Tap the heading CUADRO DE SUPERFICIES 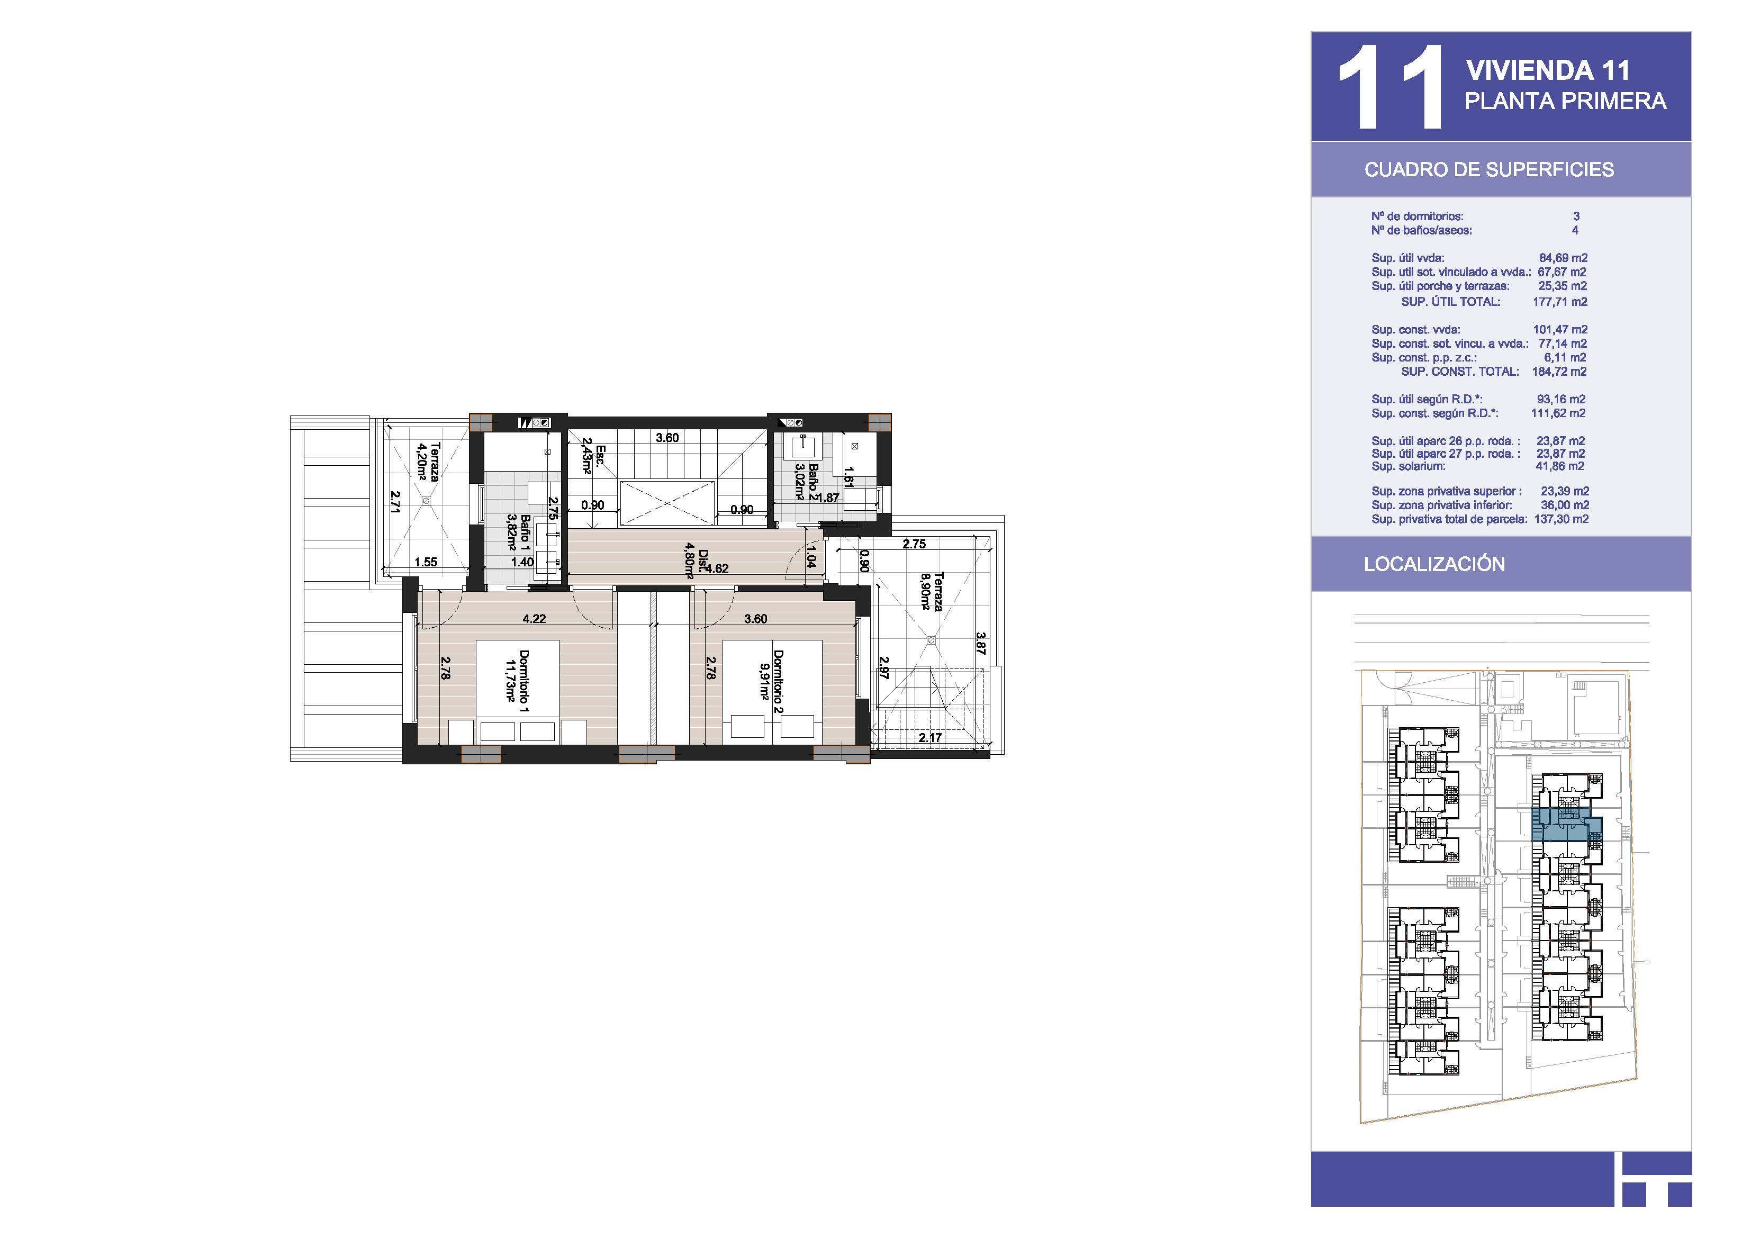coord(1488,169)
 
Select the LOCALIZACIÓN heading coord(1434,564)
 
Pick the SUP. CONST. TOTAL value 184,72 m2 coord(1559,372)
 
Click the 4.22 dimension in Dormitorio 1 coord(534,619)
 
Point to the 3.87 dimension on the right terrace coord(981,643)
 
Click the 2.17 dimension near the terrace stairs coord(929,738)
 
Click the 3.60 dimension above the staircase coord(667,438)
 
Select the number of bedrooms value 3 coord(1576,216)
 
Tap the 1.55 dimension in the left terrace coord(426,562)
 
